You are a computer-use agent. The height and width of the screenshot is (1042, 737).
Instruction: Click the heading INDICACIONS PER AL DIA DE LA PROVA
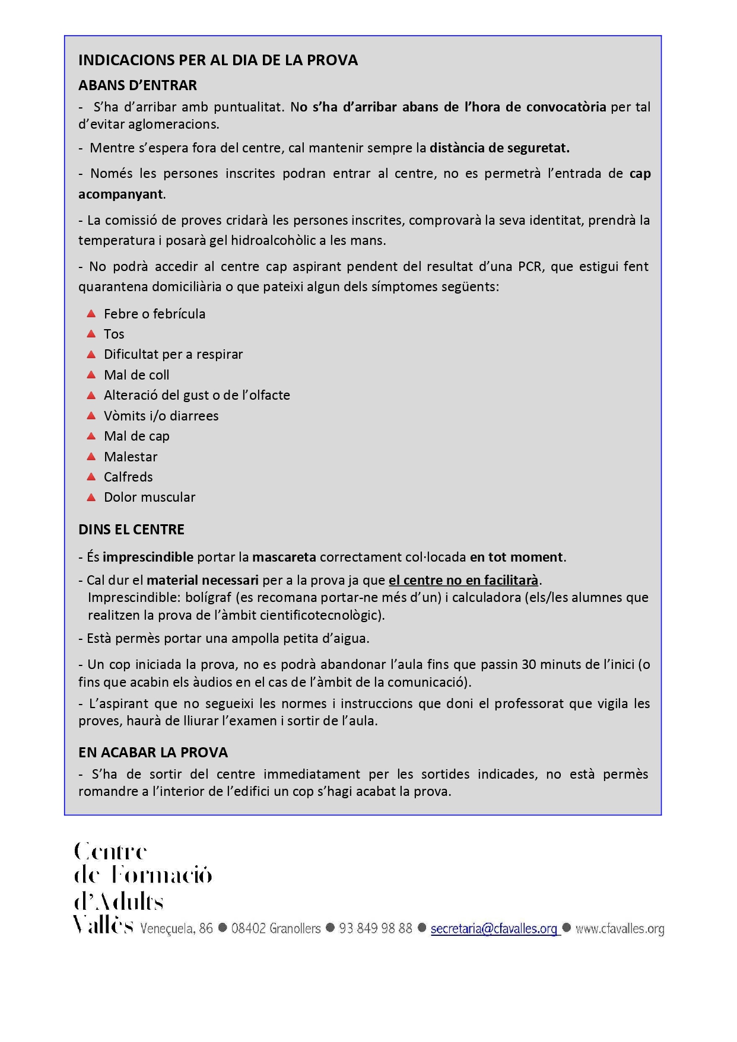pyautogui.click(x=218, y=60)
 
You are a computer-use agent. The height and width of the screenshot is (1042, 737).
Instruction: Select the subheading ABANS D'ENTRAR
pyautogui.click(x=138, y=85)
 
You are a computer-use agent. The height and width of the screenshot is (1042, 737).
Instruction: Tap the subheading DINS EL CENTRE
pyautogui.click(x=131, y=530)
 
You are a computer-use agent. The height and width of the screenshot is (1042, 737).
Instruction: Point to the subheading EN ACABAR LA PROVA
pyautogui.click(x=153, y=753)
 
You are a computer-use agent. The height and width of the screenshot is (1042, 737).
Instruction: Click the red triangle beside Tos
pyautogui.click(x=91, y=334)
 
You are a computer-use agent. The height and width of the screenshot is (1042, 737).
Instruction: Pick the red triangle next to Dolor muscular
pyautogui.click(x=91, y=497)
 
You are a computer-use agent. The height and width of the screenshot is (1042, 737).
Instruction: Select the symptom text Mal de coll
pyautogui.click(x=136, y=375)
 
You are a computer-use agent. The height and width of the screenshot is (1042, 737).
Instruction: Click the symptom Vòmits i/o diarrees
pyautogui.click(x=161, y=416)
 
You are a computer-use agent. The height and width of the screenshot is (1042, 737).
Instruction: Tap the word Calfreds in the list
pyautogui.click(x=128, y=477)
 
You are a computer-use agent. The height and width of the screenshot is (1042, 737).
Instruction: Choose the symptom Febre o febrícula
pyautogui.click(x=154, y=314)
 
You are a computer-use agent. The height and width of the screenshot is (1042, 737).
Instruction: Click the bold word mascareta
pyautogui.click(x=284, y=557)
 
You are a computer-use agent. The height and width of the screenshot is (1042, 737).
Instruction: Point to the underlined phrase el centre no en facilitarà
pyautogui.click(x=463, y=580)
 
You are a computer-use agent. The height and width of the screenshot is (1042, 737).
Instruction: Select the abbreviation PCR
pyautogui.click(x=529, y=266)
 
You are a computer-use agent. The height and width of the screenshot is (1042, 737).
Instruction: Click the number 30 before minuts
pyautogui.click(x=529, y=664)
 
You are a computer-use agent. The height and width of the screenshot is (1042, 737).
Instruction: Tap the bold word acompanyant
pyautogui.click(x=120, y=194)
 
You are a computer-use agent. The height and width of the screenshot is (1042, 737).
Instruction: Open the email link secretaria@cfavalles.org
pyautogui.click(x=494, y=929)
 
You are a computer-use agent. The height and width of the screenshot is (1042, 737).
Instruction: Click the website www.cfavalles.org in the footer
pyautogui.click(x=620, y=929)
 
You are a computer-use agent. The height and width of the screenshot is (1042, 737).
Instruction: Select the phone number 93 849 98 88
pyautogui.click(x=375, y=929)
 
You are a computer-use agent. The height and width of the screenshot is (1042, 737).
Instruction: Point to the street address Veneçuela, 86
pyautogui.click(x=176, y=929)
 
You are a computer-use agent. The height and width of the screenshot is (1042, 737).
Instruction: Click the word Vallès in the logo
pyautogui.click(x=103, y=925)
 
